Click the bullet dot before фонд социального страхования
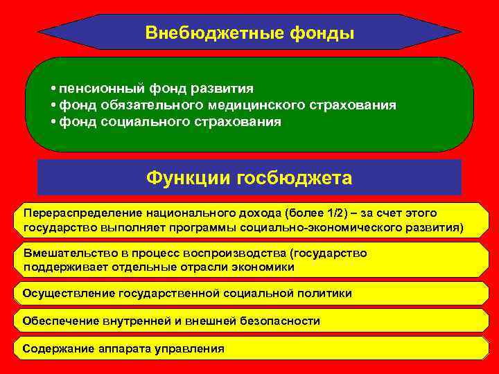click(x=53, y=123)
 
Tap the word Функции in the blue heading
click(x=188, y=178)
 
